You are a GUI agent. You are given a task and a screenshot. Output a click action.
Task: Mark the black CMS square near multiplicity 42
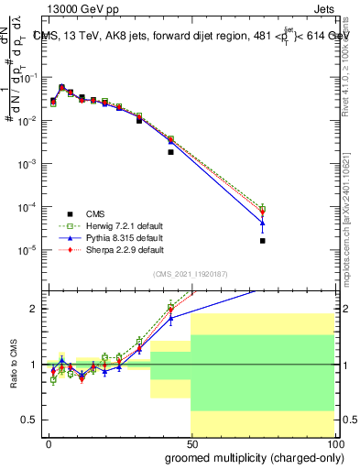point(170,152)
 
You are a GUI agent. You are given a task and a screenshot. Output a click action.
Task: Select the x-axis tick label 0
point(49,443)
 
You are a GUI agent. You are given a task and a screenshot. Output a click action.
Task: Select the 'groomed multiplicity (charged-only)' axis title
point(250,457)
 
